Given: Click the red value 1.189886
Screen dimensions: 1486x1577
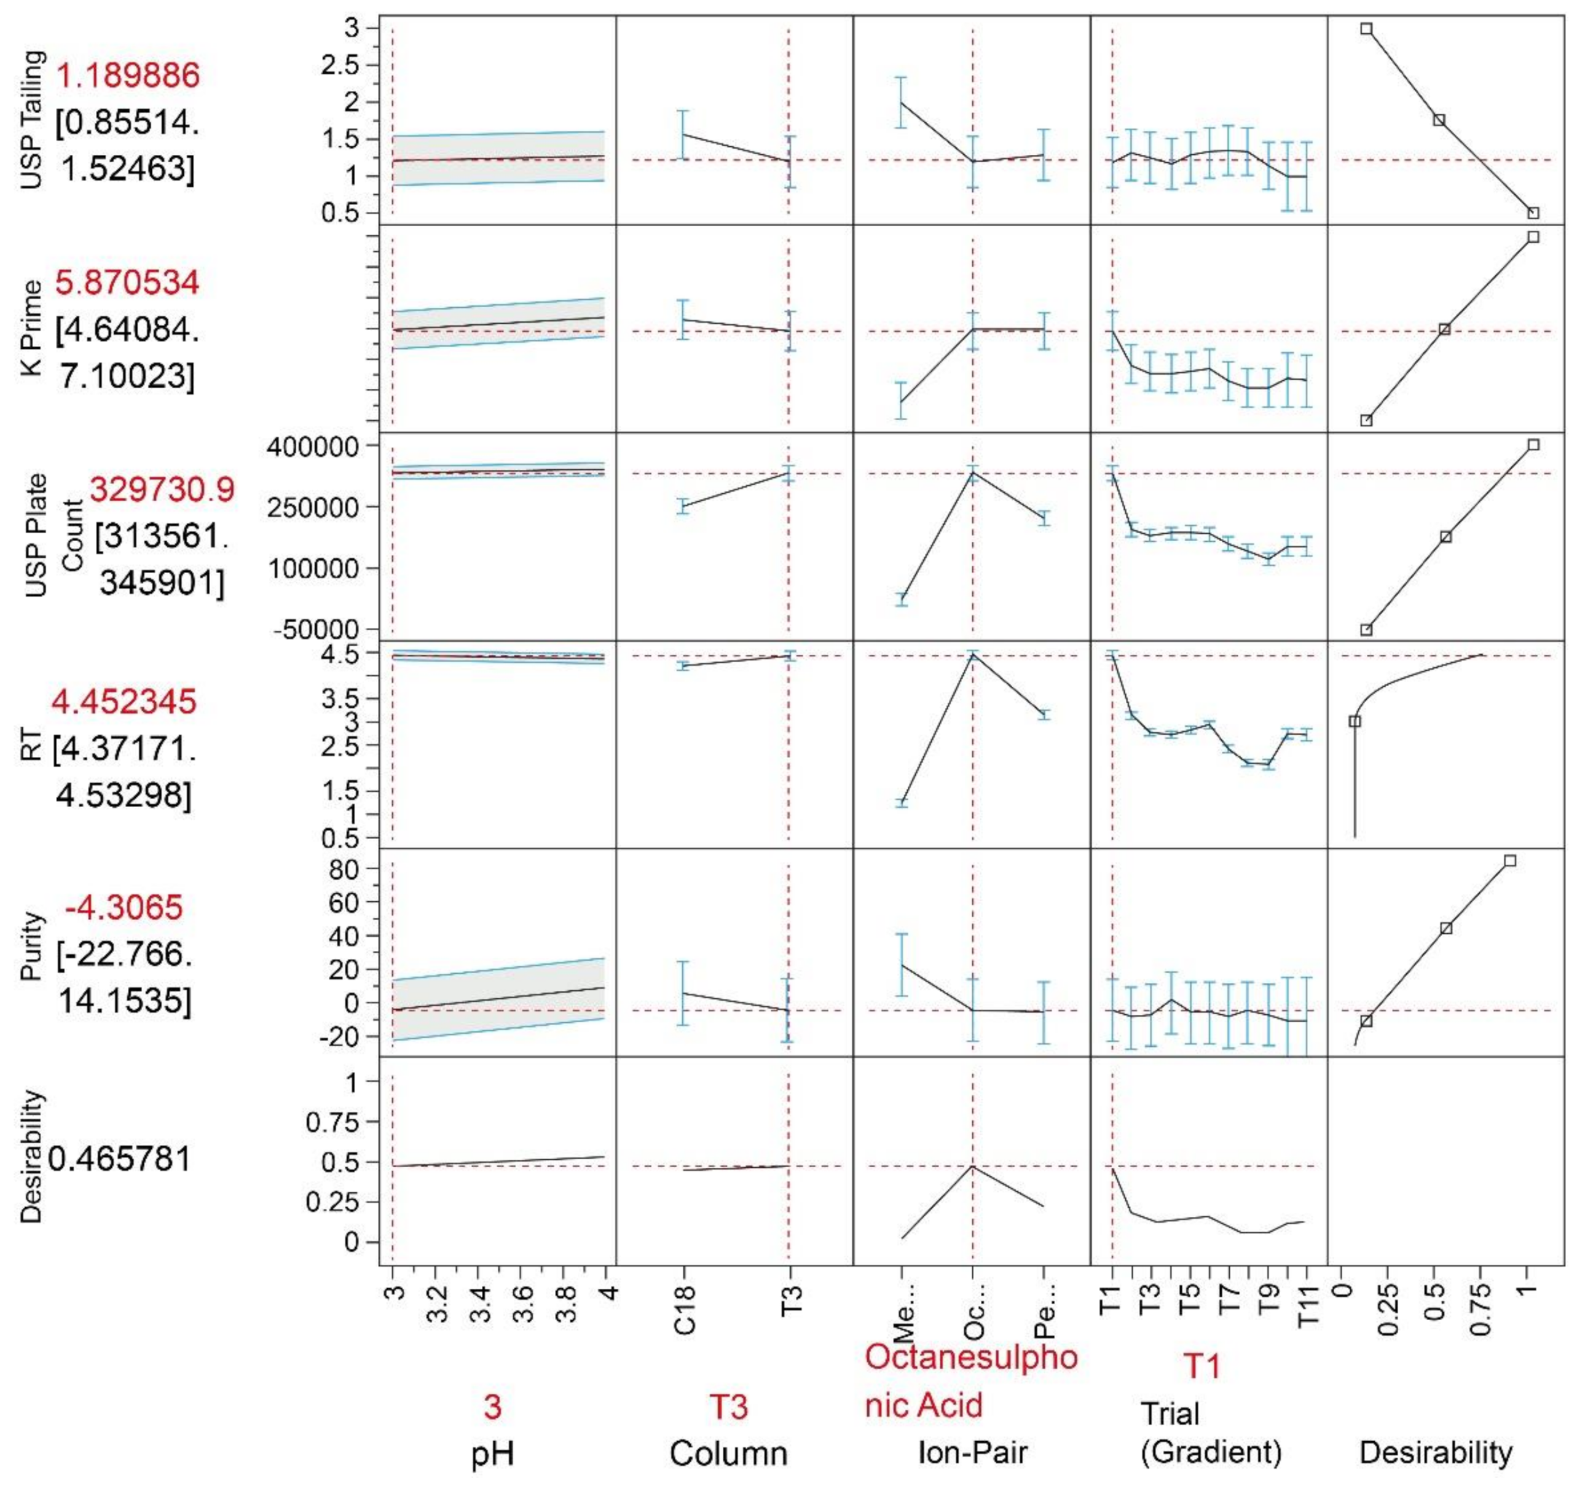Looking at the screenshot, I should tap(128, 76).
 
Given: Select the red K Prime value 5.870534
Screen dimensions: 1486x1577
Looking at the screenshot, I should tap(127, 283).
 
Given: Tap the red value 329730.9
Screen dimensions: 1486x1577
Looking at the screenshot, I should tap(162, 489).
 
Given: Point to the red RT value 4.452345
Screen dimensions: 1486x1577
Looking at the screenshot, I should tap(124, 702).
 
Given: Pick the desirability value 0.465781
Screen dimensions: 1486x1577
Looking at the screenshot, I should tap(120, 1159).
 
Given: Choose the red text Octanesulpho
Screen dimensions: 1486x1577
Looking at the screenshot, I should tap(971, 1357).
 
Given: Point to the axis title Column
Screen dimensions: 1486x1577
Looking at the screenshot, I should tap(728, 1453).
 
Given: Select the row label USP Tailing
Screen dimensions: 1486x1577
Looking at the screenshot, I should tap(33, 120).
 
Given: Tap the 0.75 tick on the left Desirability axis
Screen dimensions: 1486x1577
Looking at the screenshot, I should tap(332, 1122).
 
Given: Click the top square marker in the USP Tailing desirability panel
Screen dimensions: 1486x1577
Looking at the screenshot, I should tap(1366, 28).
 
